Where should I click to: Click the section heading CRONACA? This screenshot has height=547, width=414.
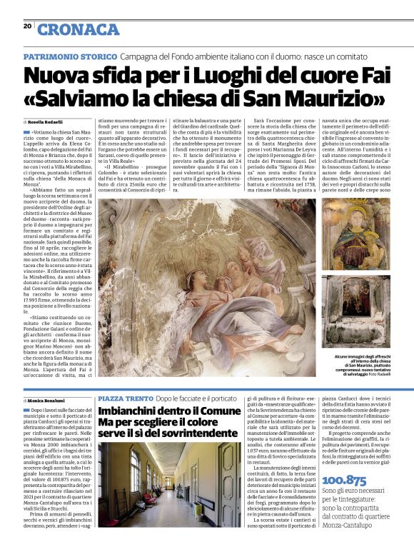(x=78, y=29)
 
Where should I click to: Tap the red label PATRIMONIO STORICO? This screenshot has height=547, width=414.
(x=70, y=56)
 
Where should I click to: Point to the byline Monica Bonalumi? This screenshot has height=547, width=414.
(x=50, y=401)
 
